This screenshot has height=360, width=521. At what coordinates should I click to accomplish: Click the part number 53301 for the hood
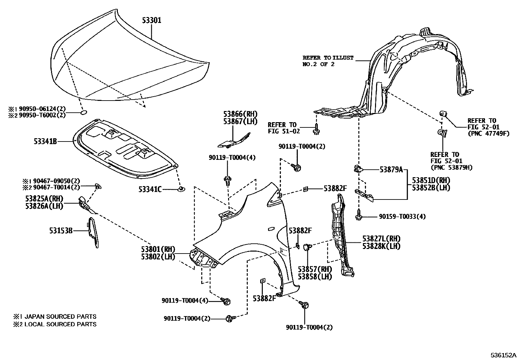click(152, 21)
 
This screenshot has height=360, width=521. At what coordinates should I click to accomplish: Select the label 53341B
click(45, 142)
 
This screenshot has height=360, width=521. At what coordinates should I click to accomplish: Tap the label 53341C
click(150, 189)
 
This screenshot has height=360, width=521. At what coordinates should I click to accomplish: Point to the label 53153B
click(61, 231)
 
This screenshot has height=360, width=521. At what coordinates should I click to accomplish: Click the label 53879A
click(391, 170)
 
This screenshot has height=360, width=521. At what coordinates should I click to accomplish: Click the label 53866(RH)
click(241, 114)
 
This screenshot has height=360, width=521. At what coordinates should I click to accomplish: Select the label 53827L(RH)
click(381, 239)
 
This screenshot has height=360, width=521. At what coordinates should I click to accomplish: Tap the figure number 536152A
click(503, 355)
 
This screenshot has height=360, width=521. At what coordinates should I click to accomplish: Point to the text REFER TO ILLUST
click(328, 58)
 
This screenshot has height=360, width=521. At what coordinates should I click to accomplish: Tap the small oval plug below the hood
click(83, 113)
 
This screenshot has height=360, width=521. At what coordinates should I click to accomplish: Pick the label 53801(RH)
click(158, 249)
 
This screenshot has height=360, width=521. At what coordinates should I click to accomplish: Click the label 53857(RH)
click(314, 269)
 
